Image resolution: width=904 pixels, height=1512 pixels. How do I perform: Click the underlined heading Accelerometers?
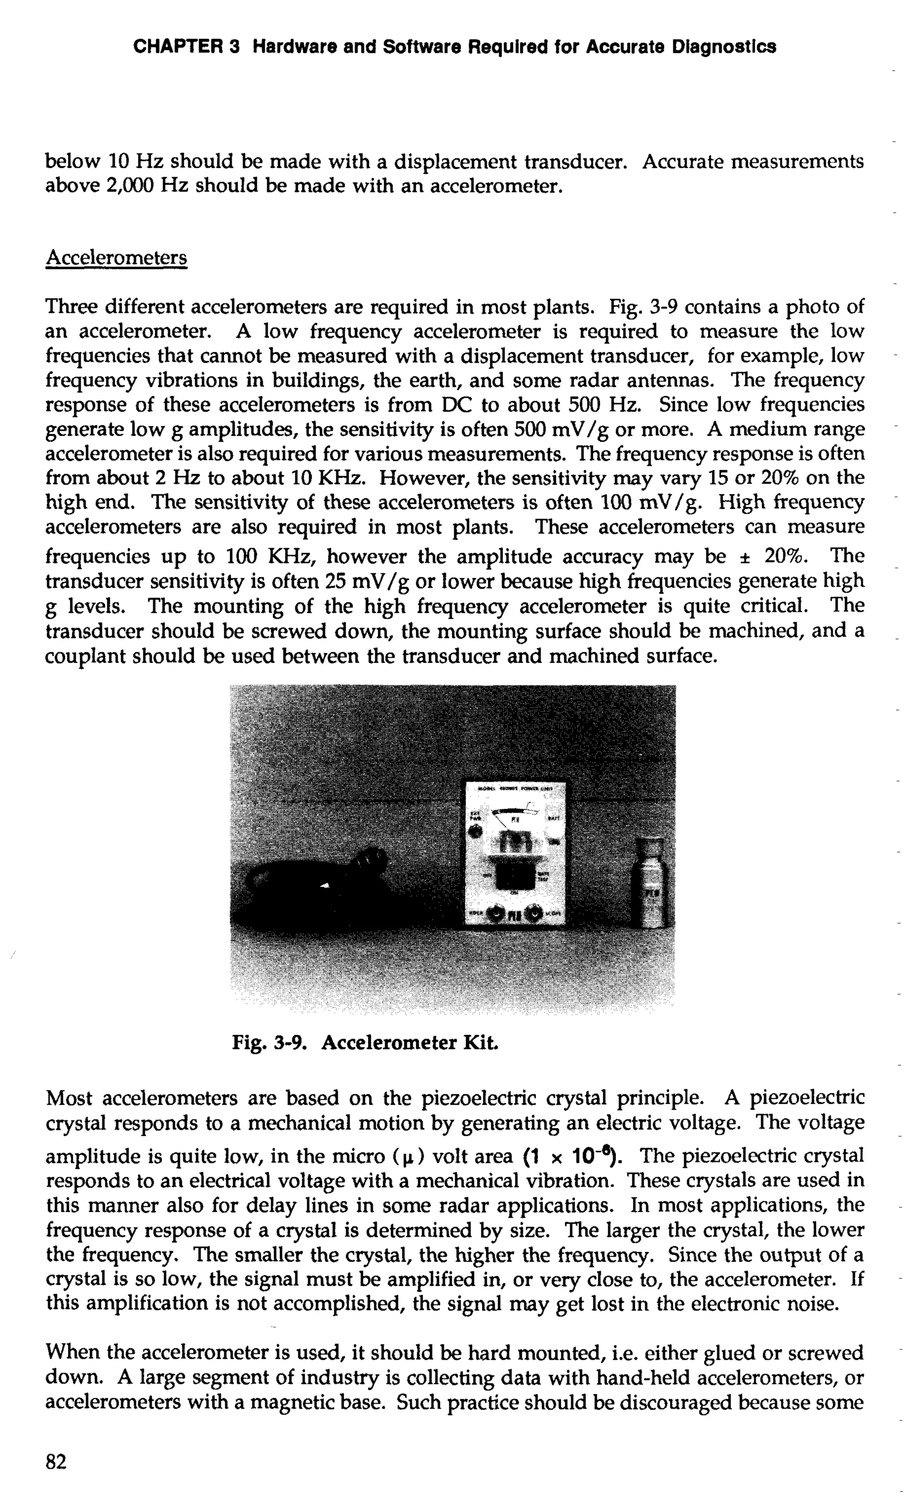(117, 258)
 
